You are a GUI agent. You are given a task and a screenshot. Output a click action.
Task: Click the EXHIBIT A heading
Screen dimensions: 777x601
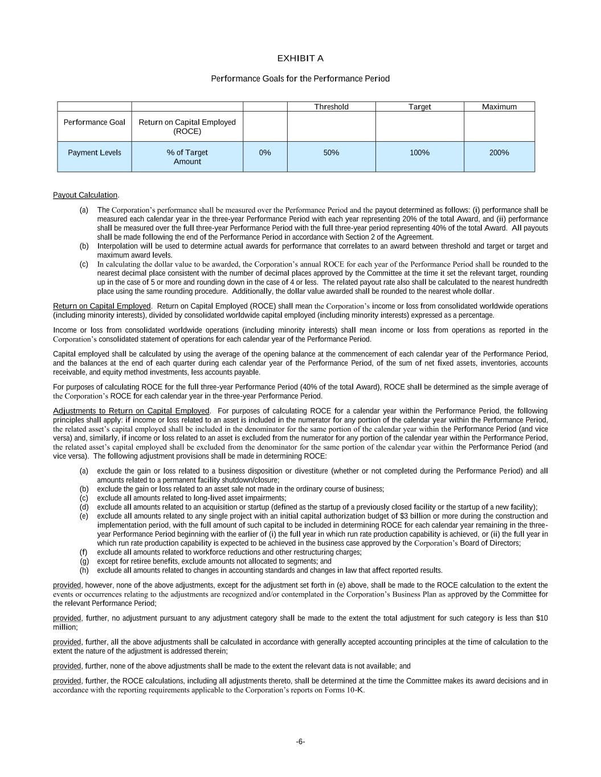(300, 59)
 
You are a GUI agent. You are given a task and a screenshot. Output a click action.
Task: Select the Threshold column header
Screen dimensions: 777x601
(331, 107)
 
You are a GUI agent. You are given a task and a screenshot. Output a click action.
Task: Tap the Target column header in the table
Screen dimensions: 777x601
(419, 107)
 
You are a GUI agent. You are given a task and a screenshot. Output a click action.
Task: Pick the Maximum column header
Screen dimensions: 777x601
(499, 107)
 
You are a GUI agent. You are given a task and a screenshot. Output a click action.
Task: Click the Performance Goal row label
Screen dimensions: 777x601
(94, 122)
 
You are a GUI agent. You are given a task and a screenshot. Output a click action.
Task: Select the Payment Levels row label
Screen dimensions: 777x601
(94, 153)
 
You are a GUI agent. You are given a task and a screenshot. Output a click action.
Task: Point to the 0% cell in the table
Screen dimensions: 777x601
(265, 153)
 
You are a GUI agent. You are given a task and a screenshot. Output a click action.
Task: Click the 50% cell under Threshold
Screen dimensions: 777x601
(331, 153)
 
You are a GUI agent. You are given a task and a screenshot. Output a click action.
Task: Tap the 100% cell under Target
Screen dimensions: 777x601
(419, 153)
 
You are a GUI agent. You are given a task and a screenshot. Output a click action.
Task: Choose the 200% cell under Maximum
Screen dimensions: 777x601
(499, 153)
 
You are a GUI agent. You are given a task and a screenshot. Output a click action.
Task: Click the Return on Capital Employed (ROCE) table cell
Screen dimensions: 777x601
(187, 126)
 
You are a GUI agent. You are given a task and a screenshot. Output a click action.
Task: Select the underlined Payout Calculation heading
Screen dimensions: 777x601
(85, 195)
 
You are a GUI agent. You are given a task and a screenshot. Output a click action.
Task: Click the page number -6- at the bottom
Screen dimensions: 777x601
(300, 741)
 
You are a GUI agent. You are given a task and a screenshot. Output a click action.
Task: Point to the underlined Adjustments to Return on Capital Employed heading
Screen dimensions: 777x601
(131, 411)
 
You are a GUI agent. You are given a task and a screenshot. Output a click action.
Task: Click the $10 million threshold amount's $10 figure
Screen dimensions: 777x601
(542, 618)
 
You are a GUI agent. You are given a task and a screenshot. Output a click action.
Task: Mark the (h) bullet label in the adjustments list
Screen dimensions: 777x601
(84, 570)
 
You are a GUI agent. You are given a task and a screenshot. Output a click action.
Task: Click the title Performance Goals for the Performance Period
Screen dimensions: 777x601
(300, 79)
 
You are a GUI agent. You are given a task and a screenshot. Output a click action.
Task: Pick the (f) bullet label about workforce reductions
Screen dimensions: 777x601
(84, 552)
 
